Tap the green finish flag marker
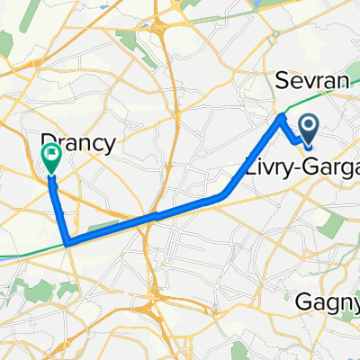click(50, 159)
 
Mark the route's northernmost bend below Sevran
click(282, 116)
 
